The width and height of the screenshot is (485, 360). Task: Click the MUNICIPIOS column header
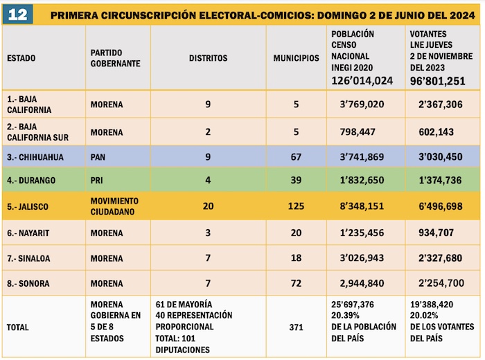click(x=296, y=58)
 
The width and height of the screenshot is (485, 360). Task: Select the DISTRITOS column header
click(x=208, y=58)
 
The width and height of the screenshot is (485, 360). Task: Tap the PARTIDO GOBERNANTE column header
click(x=115, y=58)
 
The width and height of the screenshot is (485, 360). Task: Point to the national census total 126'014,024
click(x=362, y=80)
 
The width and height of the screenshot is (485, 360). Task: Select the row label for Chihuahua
click(x=35, y=157)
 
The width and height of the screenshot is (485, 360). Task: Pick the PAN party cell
click(x=98, y=157)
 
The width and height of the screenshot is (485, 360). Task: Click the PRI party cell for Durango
click(x=97, y=180)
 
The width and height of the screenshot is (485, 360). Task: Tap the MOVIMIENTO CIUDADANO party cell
click(x=114, y=206)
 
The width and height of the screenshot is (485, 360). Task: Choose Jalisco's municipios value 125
click(x=296, y=206)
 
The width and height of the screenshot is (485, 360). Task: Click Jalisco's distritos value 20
click(x=208, y=206)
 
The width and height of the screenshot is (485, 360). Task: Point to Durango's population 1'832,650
click(x=362, y=180)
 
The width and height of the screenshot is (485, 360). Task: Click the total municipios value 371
click(x=296, y=326)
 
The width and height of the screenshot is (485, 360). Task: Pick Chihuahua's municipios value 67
click(x=296, y=157)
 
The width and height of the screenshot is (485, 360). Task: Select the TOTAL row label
click(x=19, y=326)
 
